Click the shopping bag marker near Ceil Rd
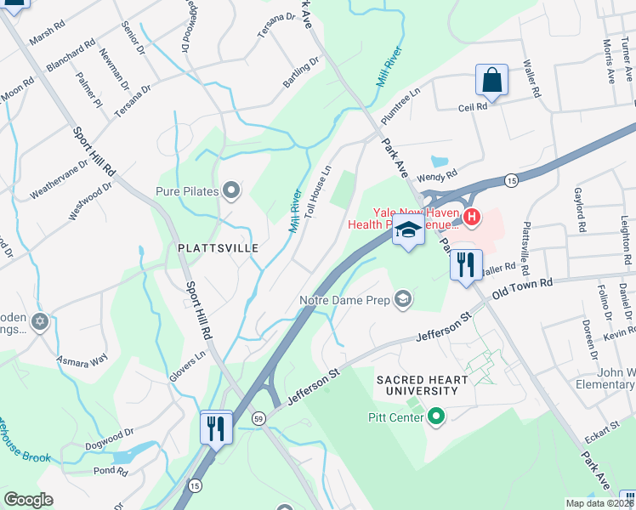pos(491,81)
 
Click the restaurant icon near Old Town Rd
pos(465,264)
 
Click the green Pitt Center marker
pos(436,416)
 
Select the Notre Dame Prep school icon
pos(403,298)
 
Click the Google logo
pos(29,500)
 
